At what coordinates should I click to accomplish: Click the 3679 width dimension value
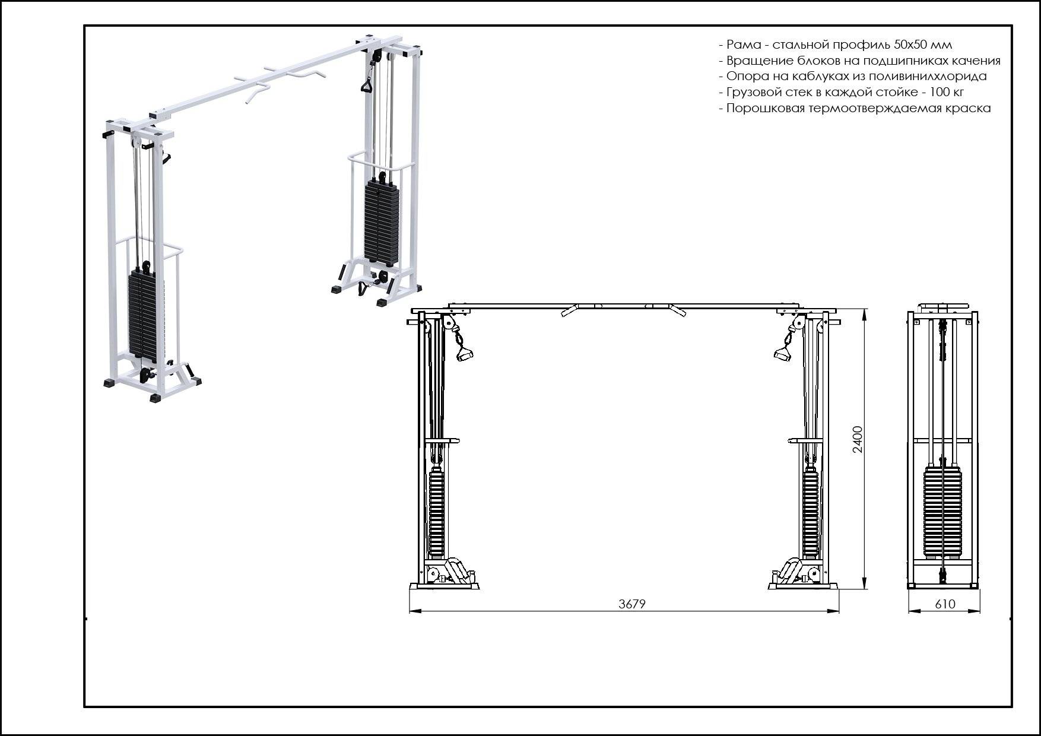click(x=631, y=604)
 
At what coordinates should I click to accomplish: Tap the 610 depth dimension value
click(x=945, y=604)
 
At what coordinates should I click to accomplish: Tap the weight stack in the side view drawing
click(x=942, y=513)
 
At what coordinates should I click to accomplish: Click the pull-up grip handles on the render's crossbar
click(x=279, y=83)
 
